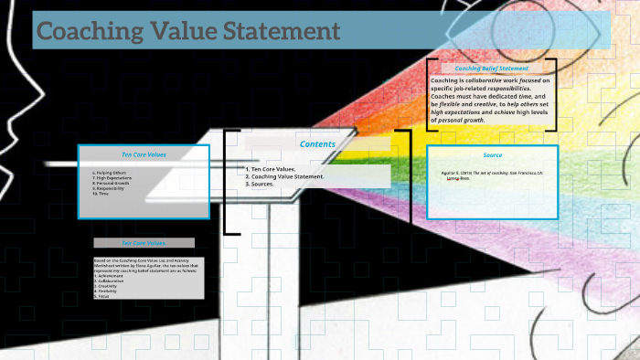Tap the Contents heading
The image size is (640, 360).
[x=317, y=143]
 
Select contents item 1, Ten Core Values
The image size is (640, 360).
[x=272, y=169]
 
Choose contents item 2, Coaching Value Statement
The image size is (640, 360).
[x=285, y=176]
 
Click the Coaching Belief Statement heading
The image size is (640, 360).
[x=492, y=69]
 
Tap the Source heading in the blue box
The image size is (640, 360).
[x=493, y=155]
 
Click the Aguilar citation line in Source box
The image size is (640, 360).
[x=492, y=172]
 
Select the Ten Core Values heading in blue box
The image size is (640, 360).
[x=144, y=154]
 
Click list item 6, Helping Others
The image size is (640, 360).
[x=110, y=172]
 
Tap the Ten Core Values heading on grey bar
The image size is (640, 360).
[x=144, y=243]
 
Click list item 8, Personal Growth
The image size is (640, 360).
[x=114, y=183]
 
